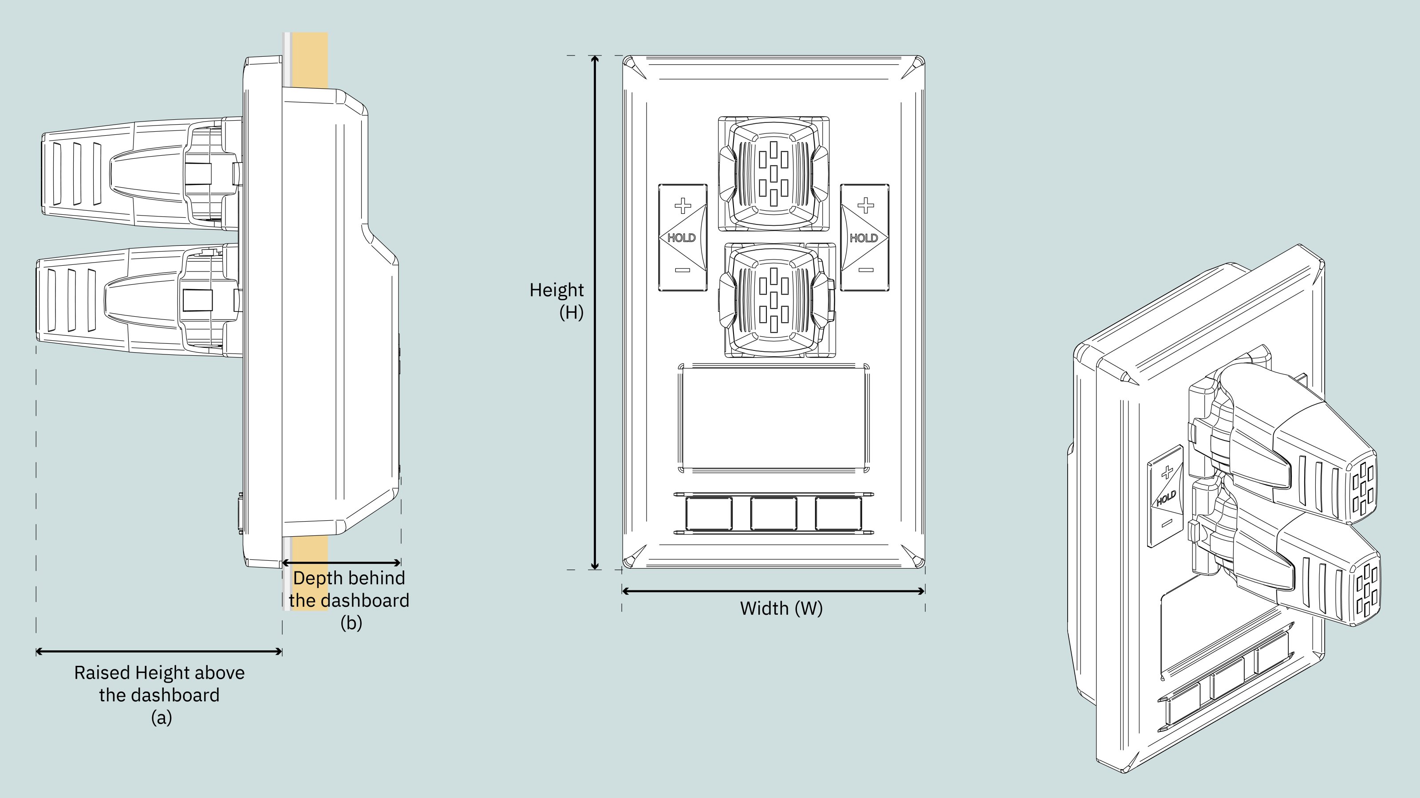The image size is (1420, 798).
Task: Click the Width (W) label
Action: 781,609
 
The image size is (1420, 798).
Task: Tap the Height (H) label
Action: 557,300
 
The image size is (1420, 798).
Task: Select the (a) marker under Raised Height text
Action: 162,718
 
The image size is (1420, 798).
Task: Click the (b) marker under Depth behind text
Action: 351,623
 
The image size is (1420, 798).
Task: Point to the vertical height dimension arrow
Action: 595,312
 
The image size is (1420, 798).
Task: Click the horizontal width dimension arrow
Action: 773,591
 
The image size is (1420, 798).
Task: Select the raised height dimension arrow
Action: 159,652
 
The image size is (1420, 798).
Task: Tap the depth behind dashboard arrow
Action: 341,562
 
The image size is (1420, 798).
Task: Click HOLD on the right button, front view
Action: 864,238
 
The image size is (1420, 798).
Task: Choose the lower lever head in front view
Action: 774,300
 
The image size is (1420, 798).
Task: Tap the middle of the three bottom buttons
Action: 773,514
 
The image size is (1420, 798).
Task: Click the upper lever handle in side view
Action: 110,173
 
